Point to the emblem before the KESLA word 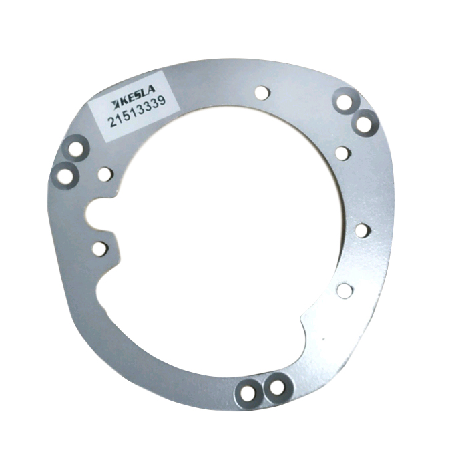pos(116,103)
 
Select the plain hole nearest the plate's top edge pos(262,93)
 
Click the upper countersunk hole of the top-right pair pos(345,102)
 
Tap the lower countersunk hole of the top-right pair pos(364,124)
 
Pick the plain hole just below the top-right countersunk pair pos(342,153)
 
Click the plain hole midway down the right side pos(363,230)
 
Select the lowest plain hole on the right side pos(345,291)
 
